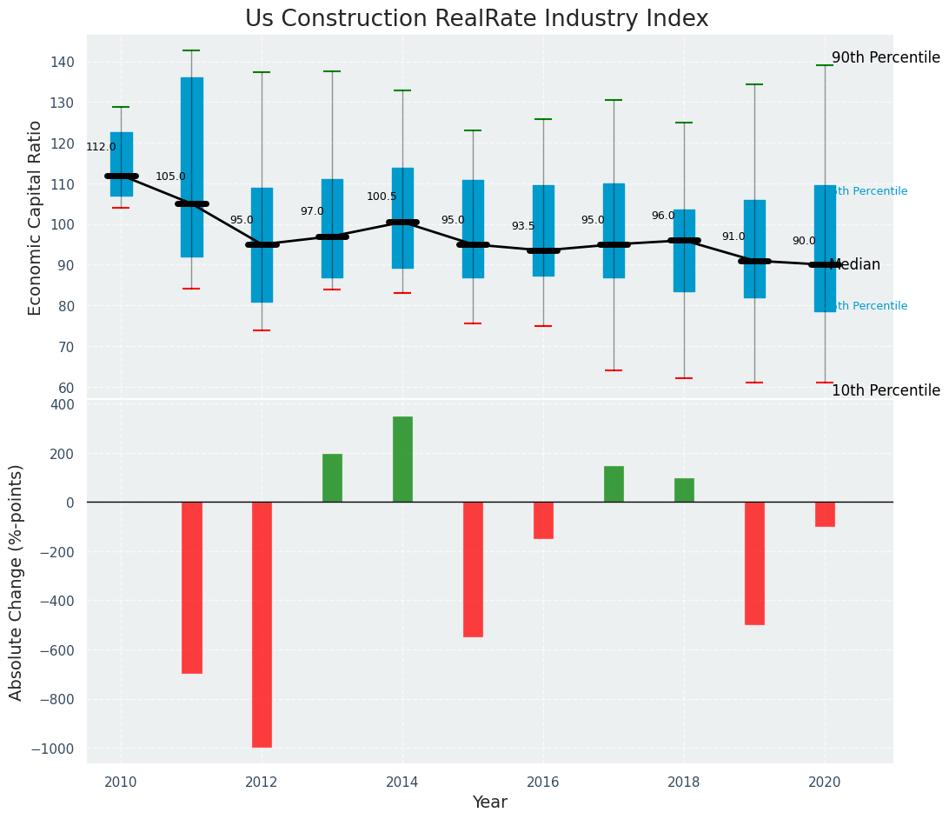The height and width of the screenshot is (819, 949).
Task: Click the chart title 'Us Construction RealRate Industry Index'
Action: tap(476, 19)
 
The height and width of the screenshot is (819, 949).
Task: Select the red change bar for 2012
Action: tap(262, 624)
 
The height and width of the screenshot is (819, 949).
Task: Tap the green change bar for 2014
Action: tap(402, 459)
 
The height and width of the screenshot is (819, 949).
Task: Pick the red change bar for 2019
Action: tap(754, 563)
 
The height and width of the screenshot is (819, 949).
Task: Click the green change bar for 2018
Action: tap(684, 490)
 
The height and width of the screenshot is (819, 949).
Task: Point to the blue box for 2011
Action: tap(192, 167)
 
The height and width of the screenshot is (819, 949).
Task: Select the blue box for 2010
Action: tap(122, 164)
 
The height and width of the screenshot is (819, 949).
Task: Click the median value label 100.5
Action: tap(382, 197)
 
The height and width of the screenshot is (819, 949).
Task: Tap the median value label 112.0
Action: tap(101, 148)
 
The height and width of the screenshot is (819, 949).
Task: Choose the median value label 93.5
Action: tap(523, 227)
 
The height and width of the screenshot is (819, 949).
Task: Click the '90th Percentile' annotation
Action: tap(886, 58)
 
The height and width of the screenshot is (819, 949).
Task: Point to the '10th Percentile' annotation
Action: tap(886, 391)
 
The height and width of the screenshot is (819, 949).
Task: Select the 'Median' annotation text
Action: tap(856, 265)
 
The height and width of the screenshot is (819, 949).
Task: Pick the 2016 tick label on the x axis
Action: tap(543, 782)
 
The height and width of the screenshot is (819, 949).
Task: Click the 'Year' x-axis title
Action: tap(490, 802)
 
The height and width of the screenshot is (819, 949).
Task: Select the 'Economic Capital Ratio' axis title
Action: tap(36, 217)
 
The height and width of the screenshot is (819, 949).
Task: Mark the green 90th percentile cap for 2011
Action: tap(192, 51)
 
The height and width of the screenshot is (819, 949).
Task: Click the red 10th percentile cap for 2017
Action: tap(614, 371)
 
